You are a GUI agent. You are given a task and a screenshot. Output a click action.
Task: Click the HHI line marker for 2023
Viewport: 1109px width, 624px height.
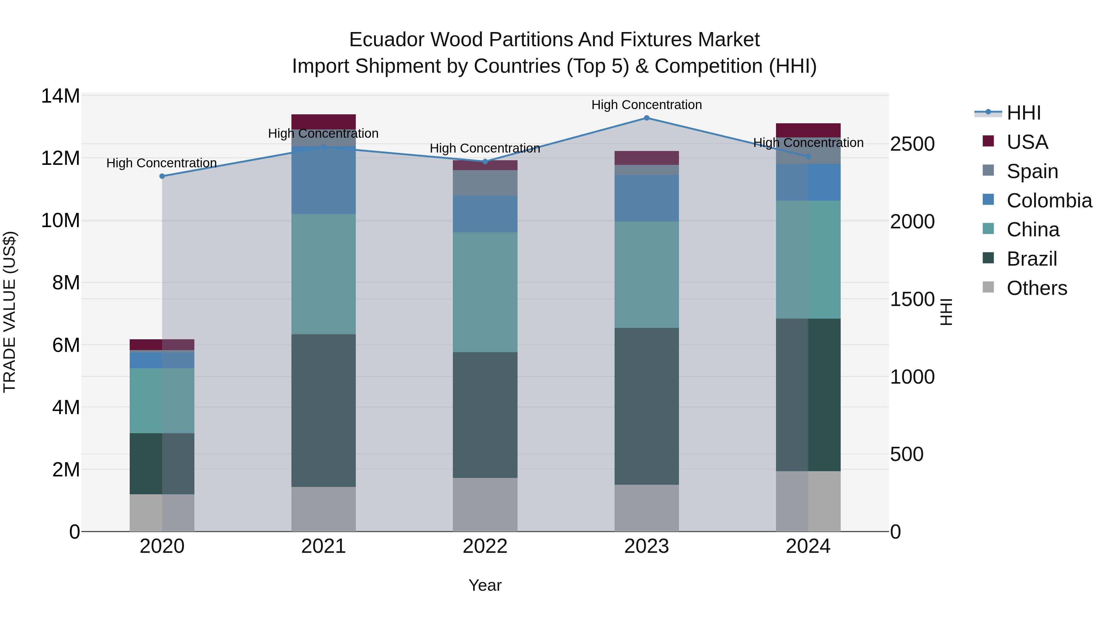[646, 118]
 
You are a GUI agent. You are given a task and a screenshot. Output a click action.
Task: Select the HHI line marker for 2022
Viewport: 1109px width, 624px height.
[485, 161]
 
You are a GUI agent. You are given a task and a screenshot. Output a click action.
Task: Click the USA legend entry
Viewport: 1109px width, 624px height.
[1027, 142]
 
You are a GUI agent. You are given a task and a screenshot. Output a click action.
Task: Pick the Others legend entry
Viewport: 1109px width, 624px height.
[1037, 288]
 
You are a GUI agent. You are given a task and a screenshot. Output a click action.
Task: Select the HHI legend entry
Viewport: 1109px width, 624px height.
[1024, 113]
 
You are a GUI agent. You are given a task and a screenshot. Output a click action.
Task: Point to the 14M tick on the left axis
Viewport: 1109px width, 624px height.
[60, 96]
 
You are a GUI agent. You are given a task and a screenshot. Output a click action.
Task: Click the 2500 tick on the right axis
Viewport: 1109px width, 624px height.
[912, 144]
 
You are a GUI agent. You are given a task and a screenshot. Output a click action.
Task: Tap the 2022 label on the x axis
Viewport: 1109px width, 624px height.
[485, 546]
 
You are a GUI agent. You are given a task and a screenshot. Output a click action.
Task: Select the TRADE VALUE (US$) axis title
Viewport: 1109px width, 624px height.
[10, 312]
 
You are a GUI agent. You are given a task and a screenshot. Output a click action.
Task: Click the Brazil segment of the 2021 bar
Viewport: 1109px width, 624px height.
[323, 410]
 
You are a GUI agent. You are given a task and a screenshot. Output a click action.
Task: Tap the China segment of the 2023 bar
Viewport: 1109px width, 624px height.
[646, 275]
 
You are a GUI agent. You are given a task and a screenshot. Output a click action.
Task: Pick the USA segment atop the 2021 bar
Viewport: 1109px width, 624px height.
[323, 121]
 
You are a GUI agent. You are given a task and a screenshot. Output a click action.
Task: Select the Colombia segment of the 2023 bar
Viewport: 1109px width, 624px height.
[646, 198]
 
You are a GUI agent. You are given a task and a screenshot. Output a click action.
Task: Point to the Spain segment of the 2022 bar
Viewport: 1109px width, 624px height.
[485, 183]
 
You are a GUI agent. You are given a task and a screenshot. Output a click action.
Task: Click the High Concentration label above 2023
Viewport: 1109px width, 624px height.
[646, 105]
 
